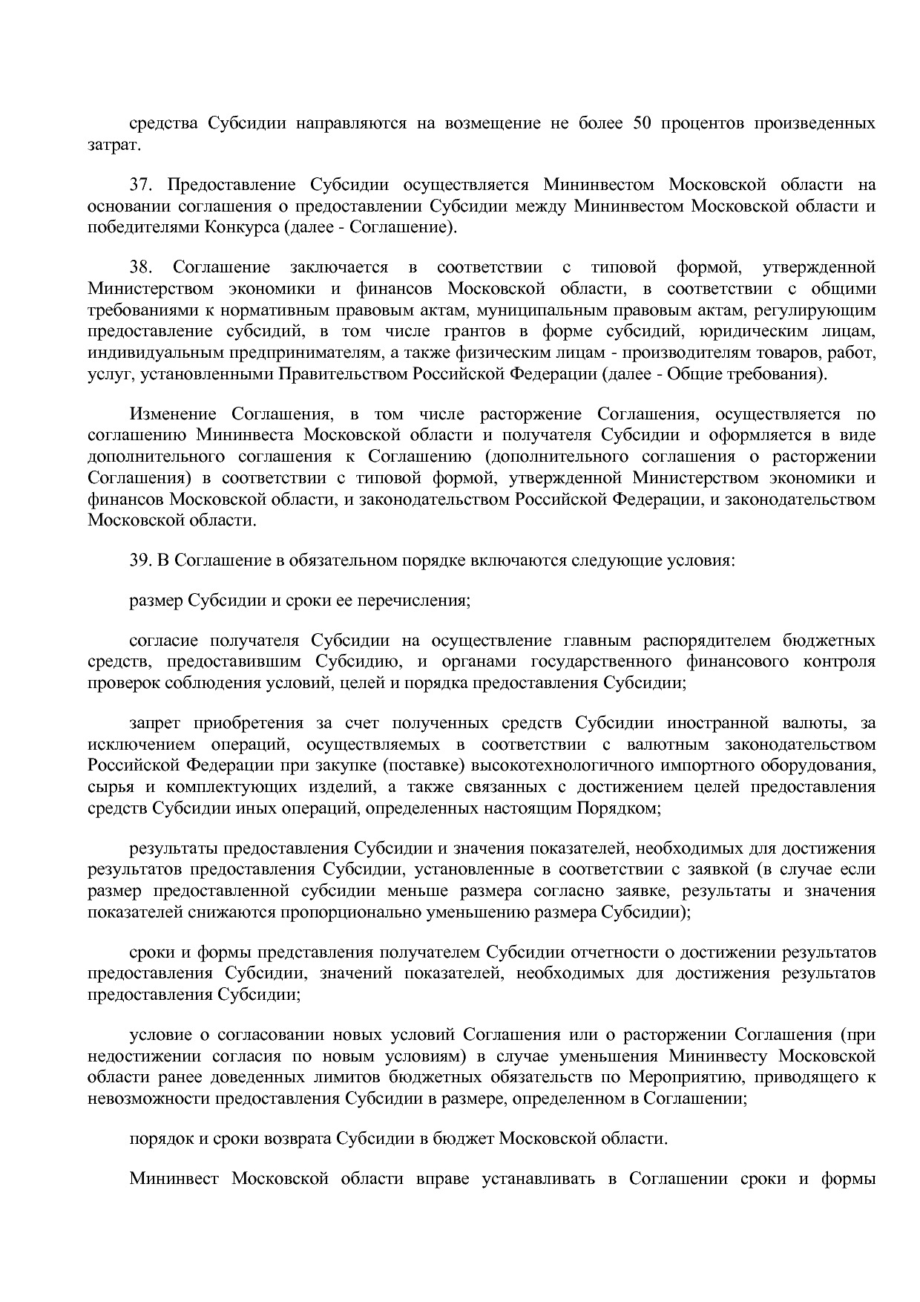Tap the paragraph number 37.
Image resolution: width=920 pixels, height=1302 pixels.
pos(141,185)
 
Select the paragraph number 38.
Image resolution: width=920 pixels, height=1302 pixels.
pos(141,267)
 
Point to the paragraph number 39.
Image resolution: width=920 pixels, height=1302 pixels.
pos(141,560)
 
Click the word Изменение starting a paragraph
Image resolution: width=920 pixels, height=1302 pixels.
pos(173,414)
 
